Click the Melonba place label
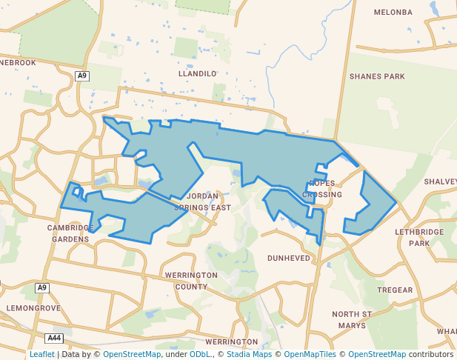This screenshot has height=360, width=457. point(393,13)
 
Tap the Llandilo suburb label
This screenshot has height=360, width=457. point(198,74)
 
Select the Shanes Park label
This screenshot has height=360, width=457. point(377,76)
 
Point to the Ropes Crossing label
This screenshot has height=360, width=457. point(322,189)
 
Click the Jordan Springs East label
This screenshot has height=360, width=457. point(202,201)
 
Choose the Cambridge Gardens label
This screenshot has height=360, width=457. point(70,233)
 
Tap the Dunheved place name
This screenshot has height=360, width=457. point(289,258)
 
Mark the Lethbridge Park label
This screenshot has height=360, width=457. point(419,237)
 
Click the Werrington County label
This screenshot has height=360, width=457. point(191,280)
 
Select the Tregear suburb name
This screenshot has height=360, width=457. point(395,290)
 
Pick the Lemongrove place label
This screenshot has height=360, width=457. point(33,307)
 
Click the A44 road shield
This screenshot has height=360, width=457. point(54,339)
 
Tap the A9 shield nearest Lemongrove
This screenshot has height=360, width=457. point(42,287)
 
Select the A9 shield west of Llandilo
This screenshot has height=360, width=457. point(82,76)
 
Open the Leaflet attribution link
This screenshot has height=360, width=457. point(41,354)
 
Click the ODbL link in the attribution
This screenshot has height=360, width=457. point(199,354)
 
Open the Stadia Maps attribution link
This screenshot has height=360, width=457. point(248,354)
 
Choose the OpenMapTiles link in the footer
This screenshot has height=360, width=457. point(310,354)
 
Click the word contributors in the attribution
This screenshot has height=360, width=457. point(431,354)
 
